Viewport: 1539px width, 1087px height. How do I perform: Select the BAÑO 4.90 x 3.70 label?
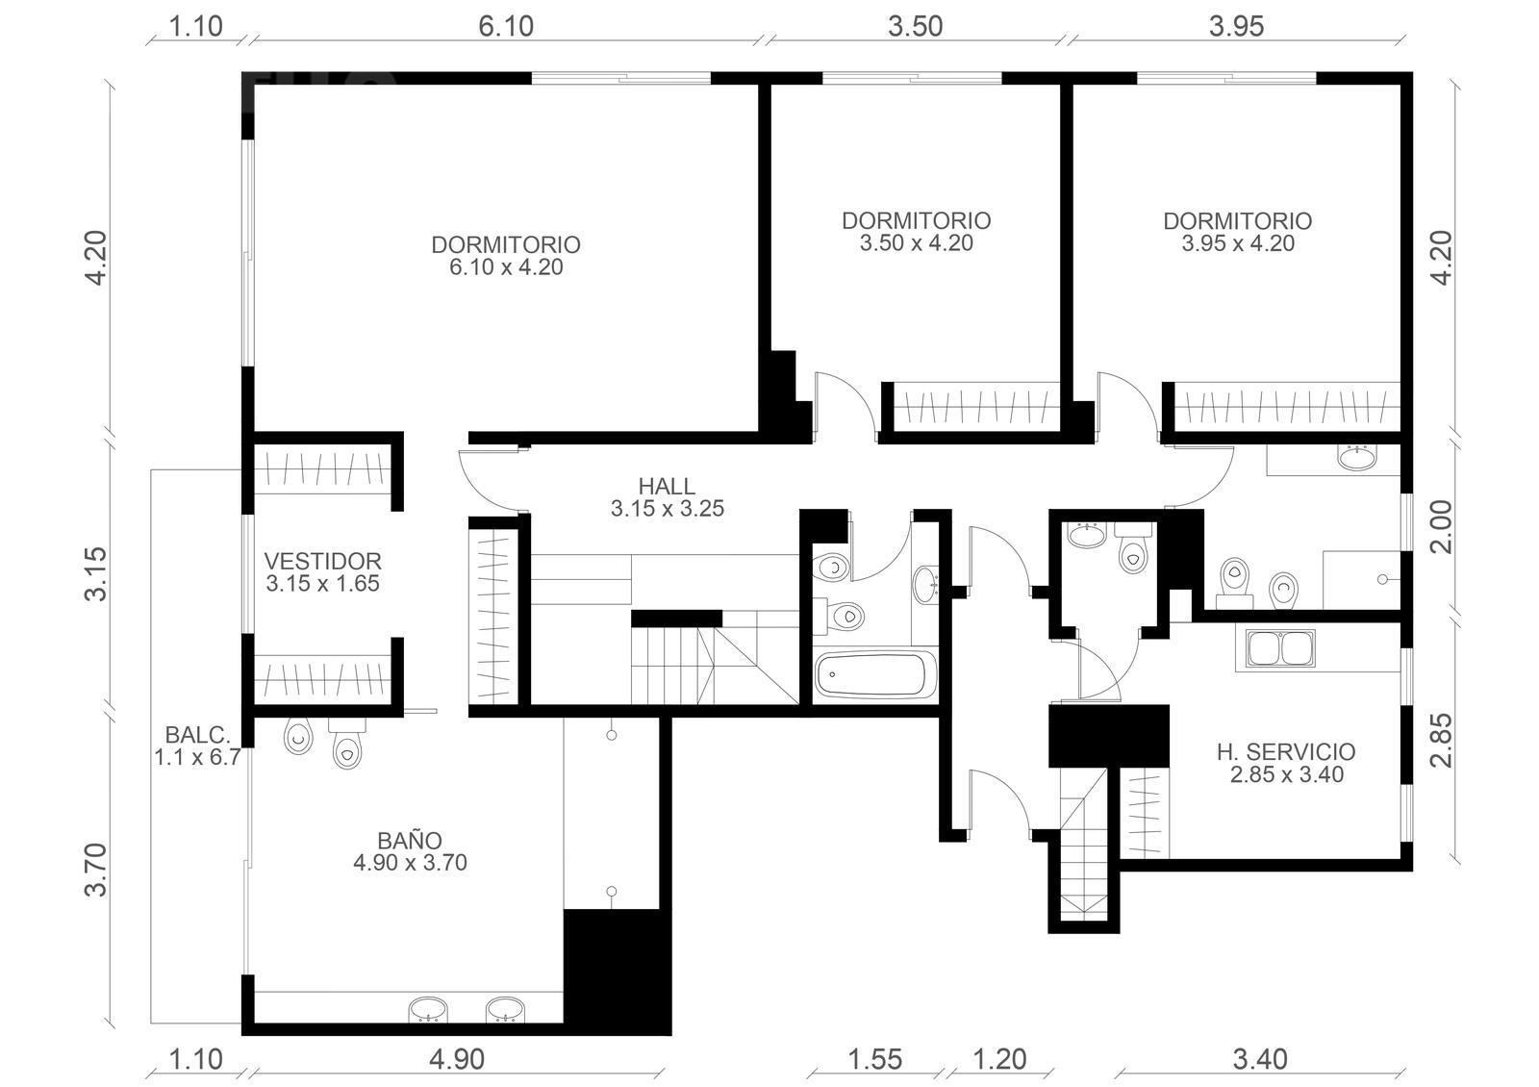[410, 850]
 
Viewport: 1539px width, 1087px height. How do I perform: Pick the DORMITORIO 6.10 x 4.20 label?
[506, 256]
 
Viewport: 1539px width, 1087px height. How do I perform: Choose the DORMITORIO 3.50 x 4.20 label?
[917, 232]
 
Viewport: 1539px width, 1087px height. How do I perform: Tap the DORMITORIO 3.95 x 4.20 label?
[1238, 232]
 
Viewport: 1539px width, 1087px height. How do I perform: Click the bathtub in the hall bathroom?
[875, 675]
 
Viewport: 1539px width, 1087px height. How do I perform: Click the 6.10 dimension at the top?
[506, 27]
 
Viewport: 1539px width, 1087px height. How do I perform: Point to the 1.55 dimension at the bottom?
[874, 1059]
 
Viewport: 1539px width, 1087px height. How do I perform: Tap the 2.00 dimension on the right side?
[1443, 526]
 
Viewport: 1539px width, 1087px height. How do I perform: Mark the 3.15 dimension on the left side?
[96, 573]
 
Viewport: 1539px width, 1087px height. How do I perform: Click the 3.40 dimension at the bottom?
[1260, 1059]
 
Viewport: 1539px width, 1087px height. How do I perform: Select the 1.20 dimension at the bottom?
[999, 1059]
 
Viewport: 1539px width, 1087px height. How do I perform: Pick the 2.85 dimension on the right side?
[1443, 740]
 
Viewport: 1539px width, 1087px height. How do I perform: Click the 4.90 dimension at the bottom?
[457, 1059]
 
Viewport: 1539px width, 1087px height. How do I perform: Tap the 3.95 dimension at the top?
[1237, 27]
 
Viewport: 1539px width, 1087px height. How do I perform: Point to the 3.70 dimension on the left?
[96, 870]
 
